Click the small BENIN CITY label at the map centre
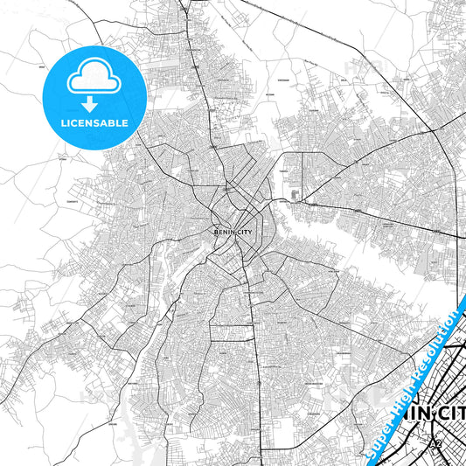click(231, 233)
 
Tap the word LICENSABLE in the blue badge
click(94, 122)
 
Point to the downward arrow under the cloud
click(94, 102)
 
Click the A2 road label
click(435, 444)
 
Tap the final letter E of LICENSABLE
click(126, 122)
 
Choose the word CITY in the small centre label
click(240, 233)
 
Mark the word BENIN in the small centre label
click(223, 233)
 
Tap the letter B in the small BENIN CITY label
click(216, 233)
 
